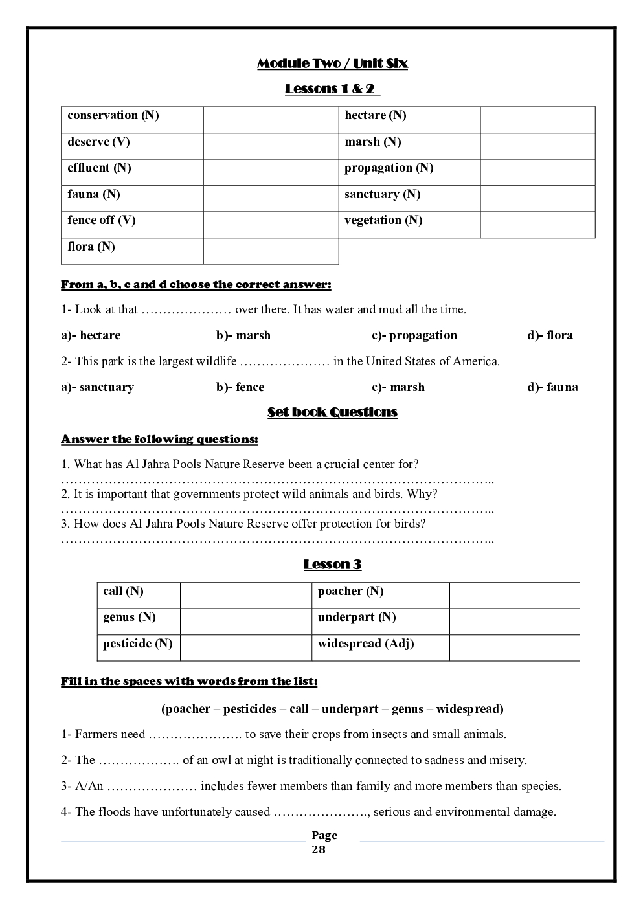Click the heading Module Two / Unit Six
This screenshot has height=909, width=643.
(332, 63)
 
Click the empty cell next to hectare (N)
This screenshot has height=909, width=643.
(537, 120)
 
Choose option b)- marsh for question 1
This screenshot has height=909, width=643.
(243, 335)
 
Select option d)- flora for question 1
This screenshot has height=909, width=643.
(550, 335)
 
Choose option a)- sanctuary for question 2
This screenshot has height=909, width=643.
(98, 387)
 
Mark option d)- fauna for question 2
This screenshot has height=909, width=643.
(552, 387)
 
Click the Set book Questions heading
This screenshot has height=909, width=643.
(332, 412)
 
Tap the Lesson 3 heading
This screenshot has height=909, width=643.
(332, 565)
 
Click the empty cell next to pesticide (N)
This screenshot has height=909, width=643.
(245, 647)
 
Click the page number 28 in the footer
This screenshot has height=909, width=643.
(319, 849)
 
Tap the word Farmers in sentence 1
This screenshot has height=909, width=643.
(96, 734)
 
